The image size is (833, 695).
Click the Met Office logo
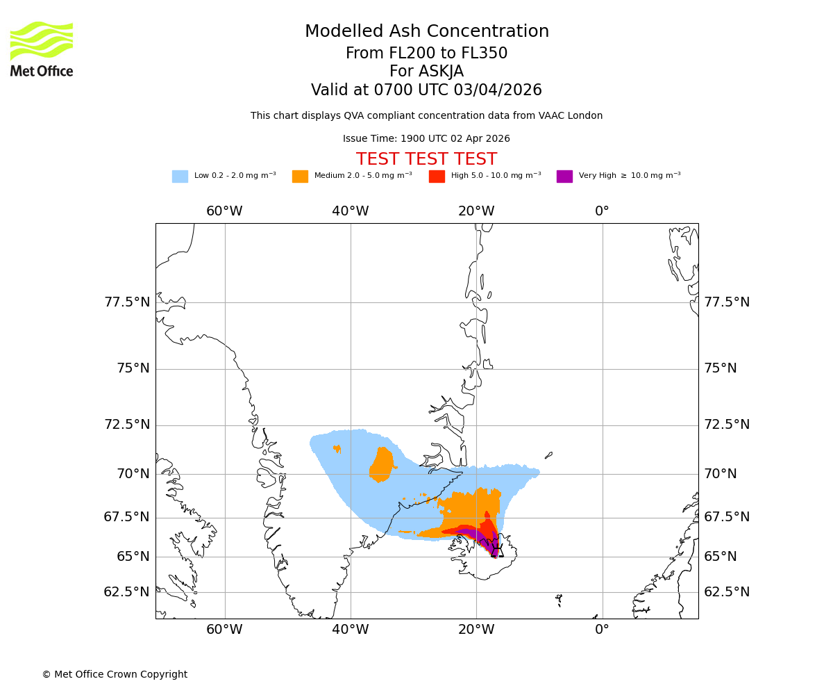[x=42, y=49]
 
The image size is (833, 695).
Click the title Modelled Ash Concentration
[x=426, y=31]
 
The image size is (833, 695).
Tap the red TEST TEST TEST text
[x=426, y=159]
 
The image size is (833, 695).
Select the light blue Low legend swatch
[x=180, y=177]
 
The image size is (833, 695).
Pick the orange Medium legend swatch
[x=300, y=177]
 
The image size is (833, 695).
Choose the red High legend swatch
[x=437, y=177]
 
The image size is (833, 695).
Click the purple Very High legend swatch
[x=564, y=177]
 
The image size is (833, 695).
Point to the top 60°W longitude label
[x=224, y=211]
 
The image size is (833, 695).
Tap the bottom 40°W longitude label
[x=350, y=630]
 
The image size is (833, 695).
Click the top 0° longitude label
[x=602, y=211]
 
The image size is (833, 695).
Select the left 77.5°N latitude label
[x=127, y=302]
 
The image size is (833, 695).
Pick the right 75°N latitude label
[x=721, y=368]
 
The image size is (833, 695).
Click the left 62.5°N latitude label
[x=127, y=592]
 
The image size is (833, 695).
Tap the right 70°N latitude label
[x=721, y=474]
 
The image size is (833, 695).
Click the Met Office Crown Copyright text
[x=115, y=674]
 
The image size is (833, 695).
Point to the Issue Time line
[x=426, y=138]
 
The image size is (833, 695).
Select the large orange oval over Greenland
[x=381, y=464]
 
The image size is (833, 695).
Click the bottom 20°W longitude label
[x=476, y=630]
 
